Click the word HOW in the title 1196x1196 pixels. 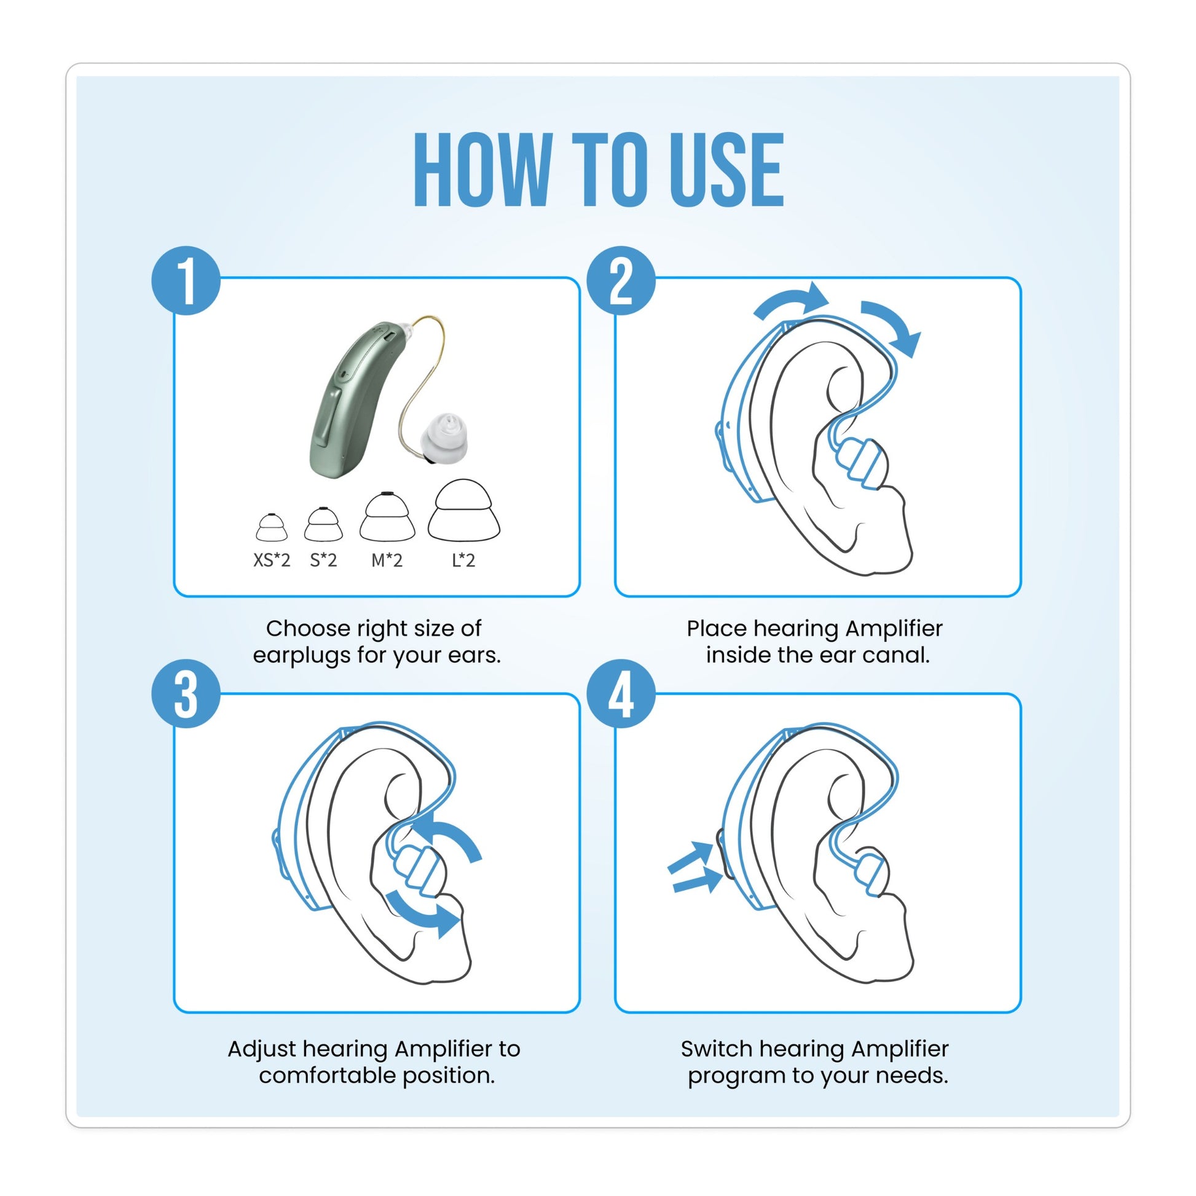(x=483, y=170)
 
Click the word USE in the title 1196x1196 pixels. (x=728, y=170)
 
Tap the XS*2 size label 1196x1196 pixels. (x=271, y=561)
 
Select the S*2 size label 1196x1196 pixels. (x=323, y=561)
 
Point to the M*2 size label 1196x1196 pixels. (x=387, y=561)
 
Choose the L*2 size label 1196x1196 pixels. (x=463, y=561)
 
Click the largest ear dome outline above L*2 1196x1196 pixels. (x=463, y=511)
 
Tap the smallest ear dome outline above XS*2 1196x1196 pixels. (x=271, y=527)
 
